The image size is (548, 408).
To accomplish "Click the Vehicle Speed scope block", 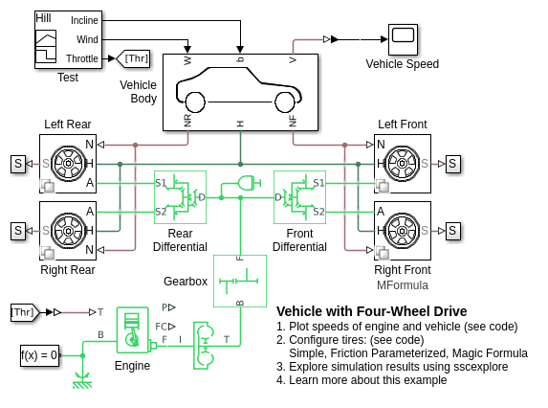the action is pos(403,39).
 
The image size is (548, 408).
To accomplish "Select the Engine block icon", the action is pos(132,330).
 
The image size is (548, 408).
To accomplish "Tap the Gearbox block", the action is pos(240,281).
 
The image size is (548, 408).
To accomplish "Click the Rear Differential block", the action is pos(181,197).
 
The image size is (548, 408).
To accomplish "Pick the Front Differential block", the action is pos(300,197).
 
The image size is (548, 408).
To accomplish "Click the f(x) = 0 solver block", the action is pos(39,355).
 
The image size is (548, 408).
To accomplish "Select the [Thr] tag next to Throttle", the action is pos(133,58).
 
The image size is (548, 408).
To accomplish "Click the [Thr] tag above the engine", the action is pos(25,312).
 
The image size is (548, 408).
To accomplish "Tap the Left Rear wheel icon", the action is pos(68,163).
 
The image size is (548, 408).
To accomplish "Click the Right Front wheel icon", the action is pos(402,231).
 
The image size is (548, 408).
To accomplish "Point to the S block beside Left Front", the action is pos(452,164).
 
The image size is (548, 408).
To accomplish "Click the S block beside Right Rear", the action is pos(18,231).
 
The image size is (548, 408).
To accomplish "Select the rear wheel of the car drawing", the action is pos(195,102).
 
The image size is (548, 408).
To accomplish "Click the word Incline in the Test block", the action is pos(84,21).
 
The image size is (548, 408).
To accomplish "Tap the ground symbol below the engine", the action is pos(82,382).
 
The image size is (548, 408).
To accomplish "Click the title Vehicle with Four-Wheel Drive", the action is pos(372,311).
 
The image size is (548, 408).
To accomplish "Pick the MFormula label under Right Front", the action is pos(403,285).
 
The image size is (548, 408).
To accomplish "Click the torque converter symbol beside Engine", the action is pos(204,346).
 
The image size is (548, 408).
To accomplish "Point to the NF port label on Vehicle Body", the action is pos(293,121).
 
